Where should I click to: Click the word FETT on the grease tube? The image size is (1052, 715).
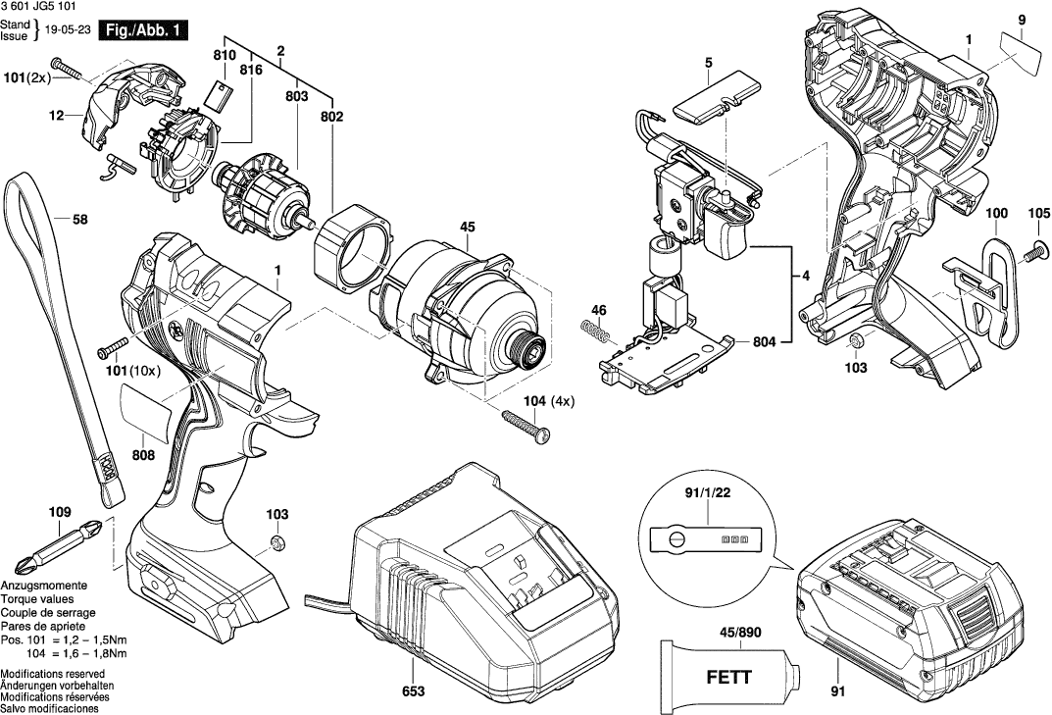pos(726,676)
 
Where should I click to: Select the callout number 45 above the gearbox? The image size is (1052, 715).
pos(467,228)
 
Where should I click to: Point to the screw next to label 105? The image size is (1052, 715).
pos(1032,253)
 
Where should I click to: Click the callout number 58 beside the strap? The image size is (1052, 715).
pos(80,220)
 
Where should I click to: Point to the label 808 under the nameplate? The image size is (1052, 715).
pos(144,454)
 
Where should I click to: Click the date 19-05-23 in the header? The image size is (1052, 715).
pos(71,30)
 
